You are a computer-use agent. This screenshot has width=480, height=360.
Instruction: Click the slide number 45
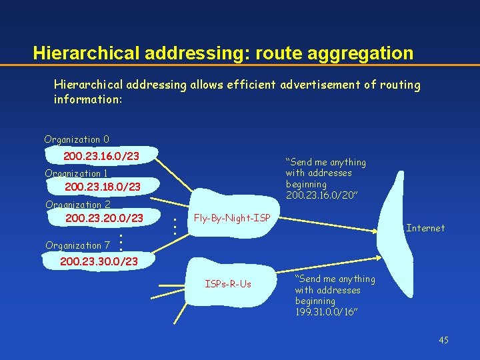[x=443, y=341]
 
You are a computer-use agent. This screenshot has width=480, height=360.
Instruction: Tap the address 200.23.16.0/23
[x=101, y=156]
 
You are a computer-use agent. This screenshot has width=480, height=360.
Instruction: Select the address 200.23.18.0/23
[x=103, y=187]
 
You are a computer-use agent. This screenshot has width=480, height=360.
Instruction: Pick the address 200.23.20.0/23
[x=104, y=218]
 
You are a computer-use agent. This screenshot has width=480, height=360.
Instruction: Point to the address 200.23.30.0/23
[x=99, y=261]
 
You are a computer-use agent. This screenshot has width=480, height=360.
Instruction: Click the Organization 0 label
[x=77, y=139]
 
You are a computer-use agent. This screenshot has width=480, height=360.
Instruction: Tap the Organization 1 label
[x=76, y=173]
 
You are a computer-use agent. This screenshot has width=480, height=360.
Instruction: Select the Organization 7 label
[x=77, y=245]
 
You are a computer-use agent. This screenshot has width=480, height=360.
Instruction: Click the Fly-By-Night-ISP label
[x=232, y=218]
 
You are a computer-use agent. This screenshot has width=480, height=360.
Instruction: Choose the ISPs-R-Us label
[x=228, y=284]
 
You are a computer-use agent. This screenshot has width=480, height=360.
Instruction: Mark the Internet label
[x=425, y=228]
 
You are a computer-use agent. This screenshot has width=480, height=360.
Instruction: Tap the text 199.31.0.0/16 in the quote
[x=326, y=311]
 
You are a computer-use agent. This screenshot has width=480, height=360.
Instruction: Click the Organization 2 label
[x=77, y=205]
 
